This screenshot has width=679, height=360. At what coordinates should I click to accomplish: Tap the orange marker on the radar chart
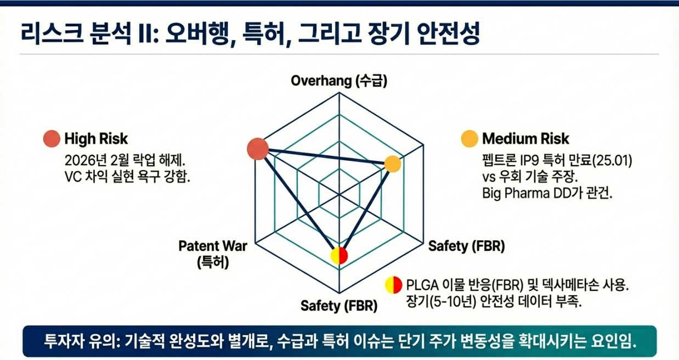pyautogui.click(x=392, y=164)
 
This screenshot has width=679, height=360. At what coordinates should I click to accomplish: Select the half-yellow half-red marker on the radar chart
pyautogui.click(x=339, y=256)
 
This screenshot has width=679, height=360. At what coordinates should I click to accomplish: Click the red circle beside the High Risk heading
pyautogui.click(x=52, y=138)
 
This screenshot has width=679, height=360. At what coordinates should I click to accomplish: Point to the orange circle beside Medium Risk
pyautogui.click(x=469, y=138)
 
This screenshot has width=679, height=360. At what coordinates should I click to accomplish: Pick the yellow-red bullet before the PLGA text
pyautogui.click(x=394, y=284)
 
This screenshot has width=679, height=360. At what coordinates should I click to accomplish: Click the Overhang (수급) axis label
pyautogui.click(x=339, y=81)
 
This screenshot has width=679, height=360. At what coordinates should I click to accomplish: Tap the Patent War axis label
pyautogui.click(x=213, y=246)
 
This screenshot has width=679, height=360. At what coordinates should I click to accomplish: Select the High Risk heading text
pyautogui.click(x=96, y=138)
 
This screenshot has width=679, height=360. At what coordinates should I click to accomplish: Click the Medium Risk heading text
pyautogui.click(x=525, y=138)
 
